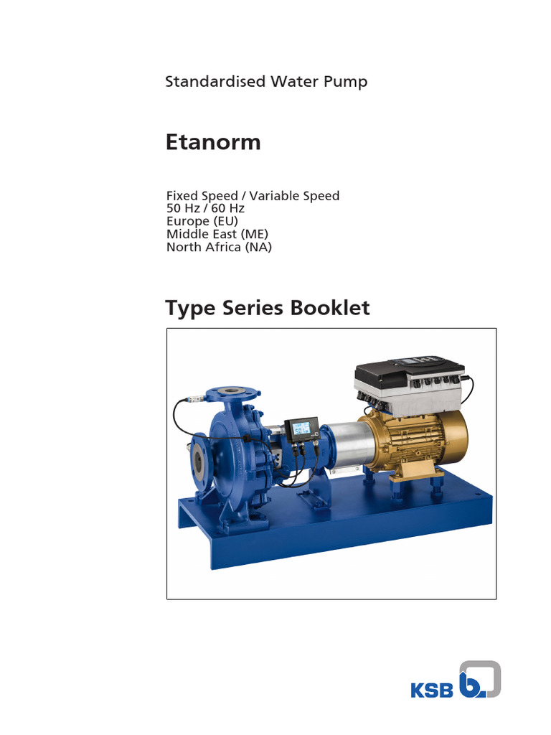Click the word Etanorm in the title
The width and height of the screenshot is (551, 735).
pyautogui.click(x=213, y=142)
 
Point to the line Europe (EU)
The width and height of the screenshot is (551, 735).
pyautogui.click(x=202, y=221)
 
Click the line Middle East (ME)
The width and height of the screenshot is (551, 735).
pyautogui.click(x=216, y=234)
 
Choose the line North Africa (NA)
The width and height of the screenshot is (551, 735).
pyautogui.click(x=219, y=247)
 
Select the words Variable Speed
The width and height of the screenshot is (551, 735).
pyautogui.click(x=301, y=195)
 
